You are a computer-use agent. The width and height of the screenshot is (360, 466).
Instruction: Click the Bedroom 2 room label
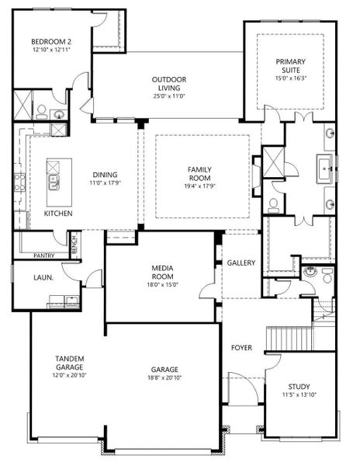[51, 42]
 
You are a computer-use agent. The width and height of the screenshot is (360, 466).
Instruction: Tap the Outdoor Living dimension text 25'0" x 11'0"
[169, 96]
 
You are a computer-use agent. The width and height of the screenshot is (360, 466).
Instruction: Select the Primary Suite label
[290, 66]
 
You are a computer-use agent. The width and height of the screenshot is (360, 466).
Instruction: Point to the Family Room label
[199, 174]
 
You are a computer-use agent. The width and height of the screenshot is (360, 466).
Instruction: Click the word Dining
[105, 175]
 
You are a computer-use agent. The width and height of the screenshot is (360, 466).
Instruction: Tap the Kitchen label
[58, 214]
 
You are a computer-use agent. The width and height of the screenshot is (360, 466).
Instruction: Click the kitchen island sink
[54, 182]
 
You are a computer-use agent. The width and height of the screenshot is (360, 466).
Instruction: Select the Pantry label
[44, 256]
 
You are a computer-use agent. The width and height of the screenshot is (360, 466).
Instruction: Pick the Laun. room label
[43, 278]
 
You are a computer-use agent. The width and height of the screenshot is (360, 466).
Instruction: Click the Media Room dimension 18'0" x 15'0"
[162, 285]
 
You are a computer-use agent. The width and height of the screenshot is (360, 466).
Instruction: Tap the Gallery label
[241, 263]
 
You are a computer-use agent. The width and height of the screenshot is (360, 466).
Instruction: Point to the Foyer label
[241, 348]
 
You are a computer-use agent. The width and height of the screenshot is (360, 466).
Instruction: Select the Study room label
[299, 387]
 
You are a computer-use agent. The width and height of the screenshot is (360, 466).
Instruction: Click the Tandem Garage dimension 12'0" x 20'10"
[69, 375]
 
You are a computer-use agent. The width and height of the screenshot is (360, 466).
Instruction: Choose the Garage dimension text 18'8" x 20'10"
[164, 378]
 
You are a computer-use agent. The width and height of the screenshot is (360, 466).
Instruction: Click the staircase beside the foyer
[289, 339]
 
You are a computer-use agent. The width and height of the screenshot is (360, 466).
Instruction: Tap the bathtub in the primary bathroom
[326, 169]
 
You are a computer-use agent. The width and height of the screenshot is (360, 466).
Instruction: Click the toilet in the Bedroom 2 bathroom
[42, 112]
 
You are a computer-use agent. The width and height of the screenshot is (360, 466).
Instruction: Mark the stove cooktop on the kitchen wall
[19, 183]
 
